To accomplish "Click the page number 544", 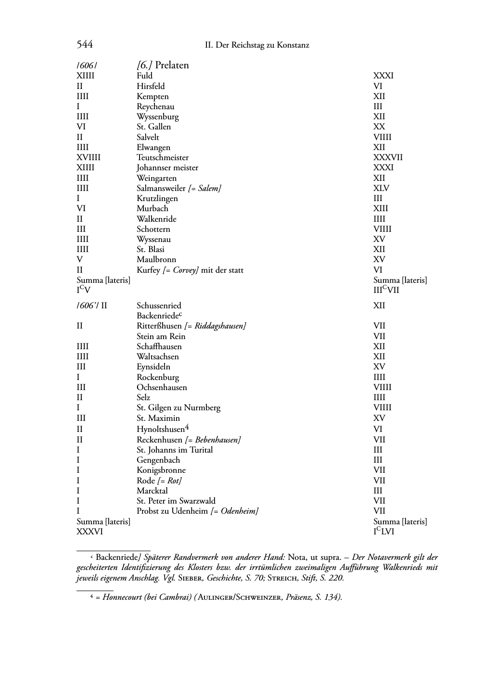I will click(85, 45).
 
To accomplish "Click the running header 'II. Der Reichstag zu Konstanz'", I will click(257, 45).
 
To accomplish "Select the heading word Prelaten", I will click(172, 65).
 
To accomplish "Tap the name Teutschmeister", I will click(163, 158).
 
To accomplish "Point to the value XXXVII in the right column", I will click(388, 158).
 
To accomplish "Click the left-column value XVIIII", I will click(89, 158).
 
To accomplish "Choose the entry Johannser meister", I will click(167, 168).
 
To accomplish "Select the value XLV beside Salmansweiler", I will click(381, 189).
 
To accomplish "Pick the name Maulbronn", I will click(156, 260).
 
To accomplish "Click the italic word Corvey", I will click(186, 270).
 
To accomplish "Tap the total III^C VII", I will click(386, 290).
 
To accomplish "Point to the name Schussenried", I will click(159, 306).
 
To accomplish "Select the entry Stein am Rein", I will click(161, 337).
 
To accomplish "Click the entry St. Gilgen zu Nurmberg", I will click(178, 408).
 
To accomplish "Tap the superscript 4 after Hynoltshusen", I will click(187, 427).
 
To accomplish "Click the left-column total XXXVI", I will click(90, 531).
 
